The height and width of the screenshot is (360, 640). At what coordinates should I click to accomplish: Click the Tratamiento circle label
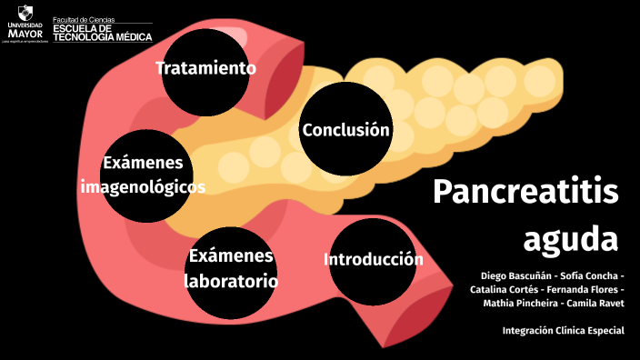(205, 68)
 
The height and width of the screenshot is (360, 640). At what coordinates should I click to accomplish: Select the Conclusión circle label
(345, 130)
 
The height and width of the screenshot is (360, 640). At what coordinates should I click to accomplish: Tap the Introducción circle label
(373, 260)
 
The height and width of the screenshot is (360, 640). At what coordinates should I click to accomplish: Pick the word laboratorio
(231, 281)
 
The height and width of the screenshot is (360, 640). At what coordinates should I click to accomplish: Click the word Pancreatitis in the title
(525, 192)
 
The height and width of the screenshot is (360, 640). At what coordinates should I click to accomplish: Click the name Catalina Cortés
(505, 289)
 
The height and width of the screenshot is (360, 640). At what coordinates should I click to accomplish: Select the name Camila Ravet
(596, 303)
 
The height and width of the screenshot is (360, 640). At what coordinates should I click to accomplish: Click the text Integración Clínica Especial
(563, 330)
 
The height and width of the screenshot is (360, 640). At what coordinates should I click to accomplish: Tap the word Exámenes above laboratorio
(231, 256)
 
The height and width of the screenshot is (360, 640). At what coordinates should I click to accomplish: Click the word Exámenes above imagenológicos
(143, 163)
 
